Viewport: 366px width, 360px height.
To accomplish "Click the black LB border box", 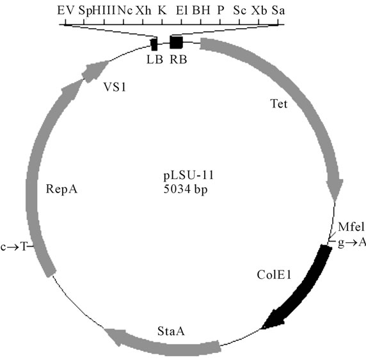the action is click(x=154, y=44).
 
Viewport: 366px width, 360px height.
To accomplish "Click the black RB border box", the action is click(x=176, y=42).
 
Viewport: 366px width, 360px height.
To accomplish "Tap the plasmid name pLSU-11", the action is click(x=189, y=175).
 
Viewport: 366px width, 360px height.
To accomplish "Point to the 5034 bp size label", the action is click(x=186, y=189).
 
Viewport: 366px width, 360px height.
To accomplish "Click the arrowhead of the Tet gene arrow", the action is click(x=335, y=189).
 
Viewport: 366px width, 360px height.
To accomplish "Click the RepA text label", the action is click(x=61, y=189).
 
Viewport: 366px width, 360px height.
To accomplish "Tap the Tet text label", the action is click(x=279, y=104).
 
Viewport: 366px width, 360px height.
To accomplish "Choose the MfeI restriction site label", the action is click(x=351, y=226).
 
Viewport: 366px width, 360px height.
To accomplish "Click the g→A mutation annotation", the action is click(x=352, y=242).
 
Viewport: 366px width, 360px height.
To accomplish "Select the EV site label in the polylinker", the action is click(x=66, y=10).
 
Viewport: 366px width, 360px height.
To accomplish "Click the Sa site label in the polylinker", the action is click(x=278, y=10).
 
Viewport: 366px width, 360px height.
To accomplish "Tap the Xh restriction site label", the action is click(x=143, y=10).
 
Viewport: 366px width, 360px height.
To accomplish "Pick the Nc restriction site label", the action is click(x=125, y=10).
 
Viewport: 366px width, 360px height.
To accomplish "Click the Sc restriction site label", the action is click(x=240, y=10).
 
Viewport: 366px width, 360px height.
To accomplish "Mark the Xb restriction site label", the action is click(x=259, y=10).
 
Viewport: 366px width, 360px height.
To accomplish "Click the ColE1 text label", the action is click(x=274, y=275).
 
